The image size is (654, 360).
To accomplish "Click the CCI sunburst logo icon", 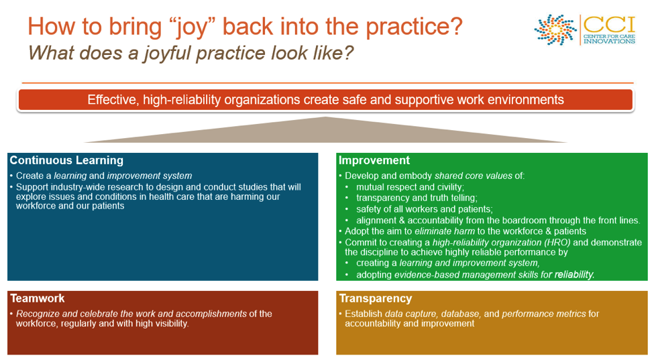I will pos(555,30).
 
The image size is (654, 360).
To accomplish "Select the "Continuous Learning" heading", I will pos(66,161).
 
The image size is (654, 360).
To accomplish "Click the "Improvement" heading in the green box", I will pos(374,161).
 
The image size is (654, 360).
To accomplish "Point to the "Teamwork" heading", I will pos(37,298).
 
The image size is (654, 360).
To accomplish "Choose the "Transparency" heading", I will pos(375,298).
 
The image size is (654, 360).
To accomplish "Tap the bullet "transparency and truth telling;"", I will pos(417,198).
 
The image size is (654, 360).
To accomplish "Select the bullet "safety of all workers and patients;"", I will pos(425,209).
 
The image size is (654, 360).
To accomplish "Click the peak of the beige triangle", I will pos(326,119).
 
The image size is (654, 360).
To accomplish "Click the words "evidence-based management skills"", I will pos(455,275).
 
